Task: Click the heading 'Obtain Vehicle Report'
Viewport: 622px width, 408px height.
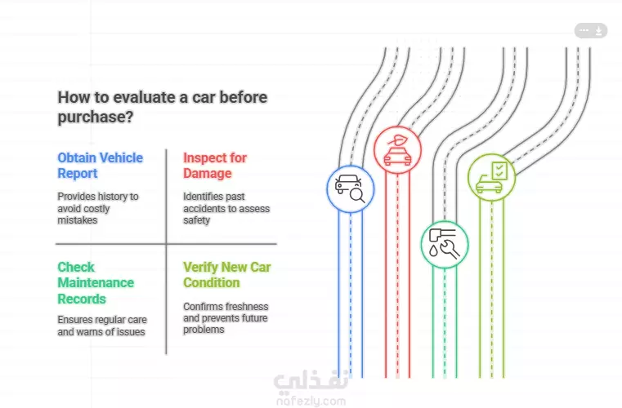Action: coord(100,166)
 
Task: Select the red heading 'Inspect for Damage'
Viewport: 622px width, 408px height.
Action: coord(215,166)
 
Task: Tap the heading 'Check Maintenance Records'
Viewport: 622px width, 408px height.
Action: coord(96,283)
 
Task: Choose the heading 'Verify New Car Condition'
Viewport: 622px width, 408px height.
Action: coord(227,275)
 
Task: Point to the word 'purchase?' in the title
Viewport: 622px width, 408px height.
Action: coord(96,118)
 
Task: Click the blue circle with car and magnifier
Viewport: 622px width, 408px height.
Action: coord(351,189)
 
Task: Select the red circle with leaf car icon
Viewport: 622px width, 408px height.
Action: coord(397,150)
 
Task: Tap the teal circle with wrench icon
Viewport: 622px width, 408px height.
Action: coord(445,245)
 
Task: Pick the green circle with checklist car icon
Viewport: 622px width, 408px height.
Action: coord(491,177)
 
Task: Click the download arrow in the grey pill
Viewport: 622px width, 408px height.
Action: coord(598,30)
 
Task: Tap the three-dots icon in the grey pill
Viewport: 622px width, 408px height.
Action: coord(584,30)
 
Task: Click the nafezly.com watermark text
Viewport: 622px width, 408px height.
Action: coord(311,401)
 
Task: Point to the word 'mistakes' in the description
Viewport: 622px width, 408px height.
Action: coord(78,220)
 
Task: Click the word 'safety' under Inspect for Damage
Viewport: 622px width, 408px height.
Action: coord(196,220)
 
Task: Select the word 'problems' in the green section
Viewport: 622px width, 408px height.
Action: coord(204,330)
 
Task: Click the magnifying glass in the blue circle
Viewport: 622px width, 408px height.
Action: coord(357,196)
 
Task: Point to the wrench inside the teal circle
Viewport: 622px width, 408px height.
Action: coord(450,249)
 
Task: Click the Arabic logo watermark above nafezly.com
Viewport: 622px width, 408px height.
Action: coord(311,381)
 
